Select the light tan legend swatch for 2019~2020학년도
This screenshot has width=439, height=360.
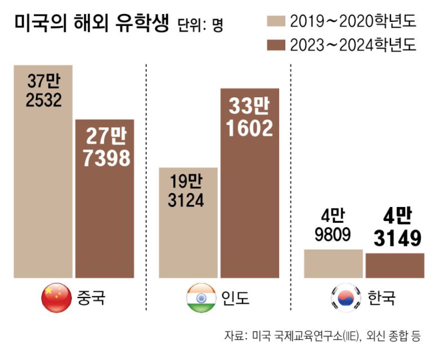pos(274,21)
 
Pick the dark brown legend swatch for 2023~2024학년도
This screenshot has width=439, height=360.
pos(274,44)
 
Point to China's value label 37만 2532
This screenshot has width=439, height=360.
pos(43,91)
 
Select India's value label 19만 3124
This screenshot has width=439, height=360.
pos(186,191)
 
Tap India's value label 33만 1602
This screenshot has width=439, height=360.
pos(249,117)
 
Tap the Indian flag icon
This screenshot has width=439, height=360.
pos(201,298)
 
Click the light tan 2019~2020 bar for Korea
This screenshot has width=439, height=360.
pos(333,263)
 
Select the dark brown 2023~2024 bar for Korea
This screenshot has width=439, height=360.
pos(395,265)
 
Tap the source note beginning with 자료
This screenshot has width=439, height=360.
pos(322,336)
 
